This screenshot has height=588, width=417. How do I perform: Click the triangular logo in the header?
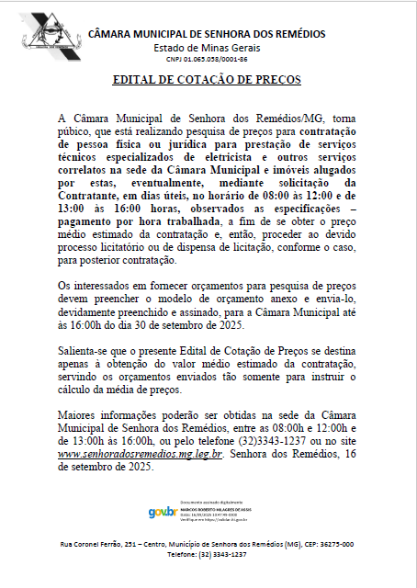42,34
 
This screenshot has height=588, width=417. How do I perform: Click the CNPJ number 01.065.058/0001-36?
207,59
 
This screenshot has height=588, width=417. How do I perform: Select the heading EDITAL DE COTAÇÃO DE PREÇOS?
207,80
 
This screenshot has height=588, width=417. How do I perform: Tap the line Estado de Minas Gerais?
207,47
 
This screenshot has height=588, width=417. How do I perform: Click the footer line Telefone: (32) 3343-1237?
207,555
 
